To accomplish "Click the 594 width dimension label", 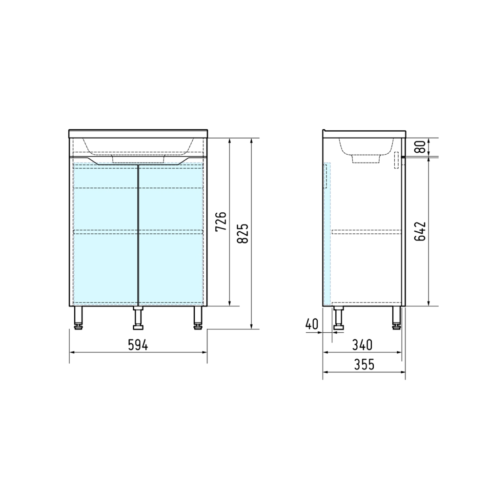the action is (x=138, y=345).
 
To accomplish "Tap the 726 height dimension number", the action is (x=221, y=222).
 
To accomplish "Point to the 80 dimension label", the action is (x=420, y=147).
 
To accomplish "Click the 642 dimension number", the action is (x=420, y=231).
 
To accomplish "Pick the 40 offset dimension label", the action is (x=312, y=325).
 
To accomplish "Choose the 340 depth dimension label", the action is (x=362, y=345).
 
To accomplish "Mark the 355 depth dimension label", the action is (x=364, y=365).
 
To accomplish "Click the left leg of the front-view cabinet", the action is (x=79, y=318).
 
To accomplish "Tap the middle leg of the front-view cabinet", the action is (x=138, y=318).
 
